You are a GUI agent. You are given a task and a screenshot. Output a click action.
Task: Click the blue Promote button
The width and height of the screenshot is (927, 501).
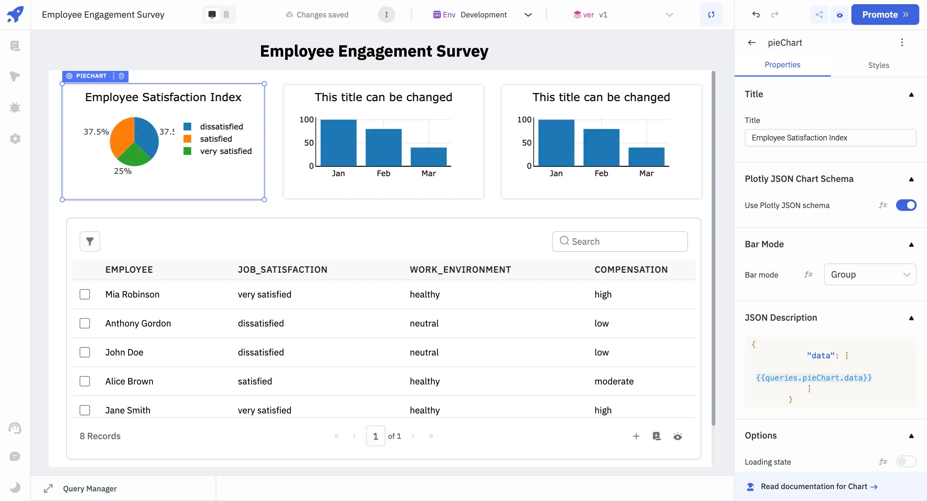885,15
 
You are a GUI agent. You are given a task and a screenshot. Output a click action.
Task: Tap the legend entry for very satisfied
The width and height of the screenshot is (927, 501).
225,151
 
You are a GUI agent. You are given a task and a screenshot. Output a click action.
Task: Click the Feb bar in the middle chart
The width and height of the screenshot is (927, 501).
383,147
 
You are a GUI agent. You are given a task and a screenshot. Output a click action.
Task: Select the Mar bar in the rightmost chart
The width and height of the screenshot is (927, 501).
646,156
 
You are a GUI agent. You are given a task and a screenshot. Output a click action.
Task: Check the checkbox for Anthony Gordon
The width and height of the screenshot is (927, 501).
85,323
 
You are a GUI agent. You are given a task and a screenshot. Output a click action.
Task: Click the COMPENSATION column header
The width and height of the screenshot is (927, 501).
631,269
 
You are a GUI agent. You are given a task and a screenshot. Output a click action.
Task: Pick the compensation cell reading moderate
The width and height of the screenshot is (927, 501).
614,381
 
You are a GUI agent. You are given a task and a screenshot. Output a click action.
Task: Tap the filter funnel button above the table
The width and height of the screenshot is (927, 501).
89,241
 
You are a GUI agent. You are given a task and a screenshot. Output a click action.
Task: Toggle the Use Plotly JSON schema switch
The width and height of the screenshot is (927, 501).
906,205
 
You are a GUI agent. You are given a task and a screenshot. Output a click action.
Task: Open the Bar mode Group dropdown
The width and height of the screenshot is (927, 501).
870,275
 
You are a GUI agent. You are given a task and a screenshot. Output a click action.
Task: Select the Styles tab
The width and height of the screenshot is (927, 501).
878,65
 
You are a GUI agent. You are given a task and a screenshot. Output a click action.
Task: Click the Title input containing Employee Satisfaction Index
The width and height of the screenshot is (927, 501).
830,138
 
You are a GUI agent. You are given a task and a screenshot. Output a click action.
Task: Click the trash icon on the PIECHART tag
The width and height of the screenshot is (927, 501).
121,76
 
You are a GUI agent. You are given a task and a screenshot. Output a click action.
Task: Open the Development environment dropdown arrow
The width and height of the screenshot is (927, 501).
528,15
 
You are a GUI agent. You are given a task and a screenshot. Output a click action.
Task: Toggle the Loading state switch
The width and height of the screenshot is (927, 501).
906,461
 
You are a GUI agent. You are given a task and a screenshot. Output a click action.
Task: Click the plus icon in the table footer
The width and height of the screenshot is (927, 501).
636,436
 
